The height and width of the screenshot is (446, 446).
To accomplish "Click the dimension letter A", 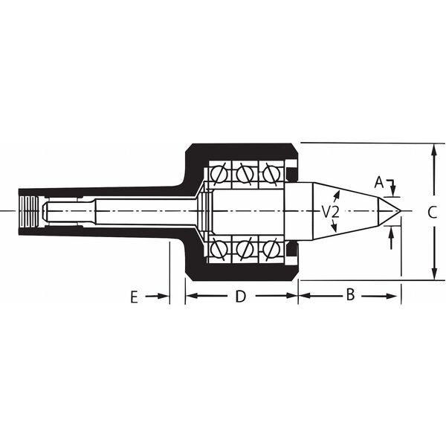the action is coord(379,182).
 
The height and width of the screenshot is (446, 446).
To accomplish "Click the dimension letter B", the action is coord(351,294).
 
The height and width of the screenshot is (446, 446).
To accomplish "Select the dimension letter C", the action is coord(433,212).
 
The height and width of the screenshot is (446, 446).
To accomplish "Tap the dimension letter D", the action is coord(241,297).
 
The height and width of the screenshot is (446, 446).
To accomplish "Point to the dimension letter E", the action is coord(135,297).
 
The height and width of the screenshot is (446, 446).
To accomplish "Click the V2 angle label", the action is coord(331,212).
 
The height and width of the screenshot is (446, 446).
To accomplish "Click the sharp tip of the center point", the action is coord(401,211).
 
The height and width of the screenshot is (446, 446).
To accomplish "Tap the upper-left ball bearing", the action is coord(219,174).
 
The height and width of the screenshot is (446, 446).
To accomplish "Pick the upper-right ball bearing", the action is coord(271,173).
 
